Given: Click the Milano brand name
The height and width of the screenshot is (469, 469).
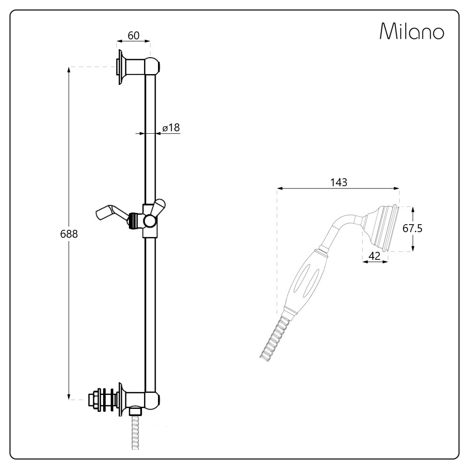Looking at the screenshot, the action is (412, 31).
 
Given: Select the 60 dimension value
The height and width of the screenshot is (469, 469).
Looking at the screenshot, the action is (133, 36).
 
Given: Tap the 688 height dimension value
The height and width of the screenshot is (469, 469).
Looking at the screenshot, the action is (69, 234).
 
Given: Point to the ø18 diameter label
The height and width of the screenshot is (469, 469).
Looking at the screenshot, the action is (171, 128).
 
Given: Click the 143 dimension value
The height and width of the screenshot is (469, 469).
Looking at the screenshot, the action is (339, 182).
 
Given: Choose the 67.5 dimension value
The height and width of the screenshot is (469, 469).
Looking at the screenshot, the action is (412, 228).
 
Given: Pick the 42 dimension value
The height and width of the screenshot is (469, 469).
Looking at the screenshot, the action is (374, 256).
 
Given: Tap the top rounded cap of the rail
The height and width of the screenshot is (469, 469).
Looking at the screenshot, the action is (152, 66).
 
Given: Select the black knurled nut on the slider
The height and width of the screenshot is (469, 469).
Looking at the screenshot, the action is (133, 221).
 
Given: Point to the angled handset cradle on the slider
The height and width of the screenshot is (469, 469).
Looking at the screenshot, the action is (112, 213).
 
